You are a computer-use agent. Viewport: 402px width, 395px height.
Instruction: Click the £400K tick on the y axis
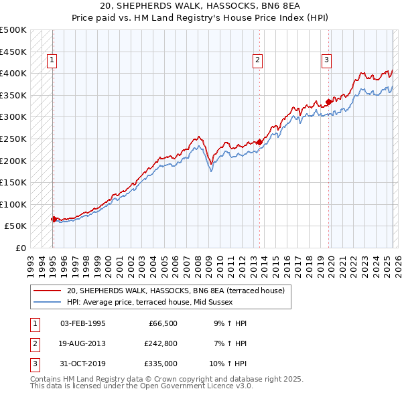(x=13, y=73)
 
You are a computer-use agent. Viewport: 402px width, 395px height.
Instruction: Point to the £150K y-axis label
(x=13, y=182)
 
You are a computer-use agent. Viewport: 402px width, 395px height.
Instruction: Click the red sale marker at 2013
(x=259, y=142)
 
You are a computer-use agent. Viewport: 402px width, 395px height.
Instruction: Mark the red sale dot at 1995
(x=54, y=219)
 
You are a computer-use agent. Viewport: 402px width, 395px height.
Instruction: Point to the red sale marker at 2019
(x=328, y=102)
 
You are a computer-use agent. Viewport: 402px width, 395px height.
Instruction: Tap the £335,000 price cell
(x=159, y=364)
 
